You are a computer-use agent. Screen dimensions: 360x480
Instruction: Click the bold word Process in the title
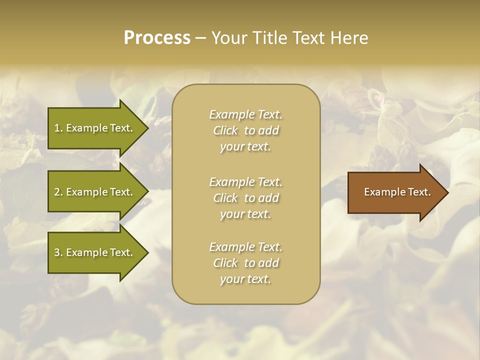(x=157, y=38)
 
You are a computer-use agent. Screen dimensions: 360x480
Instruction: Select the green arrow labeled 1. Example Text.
(x=95, y=128)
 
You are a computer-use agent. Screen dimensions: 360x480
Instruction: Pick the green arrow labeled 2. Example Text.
(x=95, y=192)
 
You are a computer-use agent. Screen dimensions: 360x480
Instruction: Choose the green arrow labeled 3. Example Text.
(x=95, y=252)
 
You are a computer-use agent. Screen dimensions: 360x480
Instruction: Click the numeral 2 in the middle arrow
(x=57, y=192)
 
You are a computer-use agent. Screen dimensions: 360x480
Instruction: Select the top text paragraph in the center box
(x=245, y=130)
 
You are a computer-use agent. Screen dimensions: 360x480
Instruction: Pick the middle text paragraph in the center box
(x=245, y=198)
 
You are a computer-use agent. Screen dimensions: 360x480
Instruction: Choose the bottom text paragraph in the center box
(x=245, y=263)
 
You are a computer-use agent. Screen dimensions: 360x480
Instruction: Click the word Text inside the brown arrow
(x=419, y=192)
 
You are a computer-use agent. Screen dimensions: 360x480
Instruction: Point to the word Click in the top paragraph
(x=225, y=130)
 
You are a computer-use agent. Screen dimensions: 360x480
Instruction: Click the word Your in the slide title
(x=228, y=38)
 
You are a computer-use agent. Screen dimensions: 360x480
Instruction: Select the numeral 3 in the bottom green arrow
(x=57, y=252)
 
